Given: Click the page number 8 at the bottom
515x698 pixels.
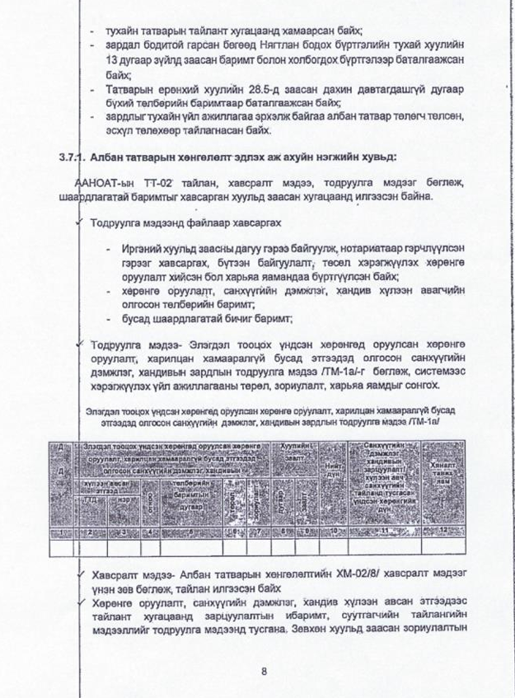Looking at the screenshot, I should point(264,671).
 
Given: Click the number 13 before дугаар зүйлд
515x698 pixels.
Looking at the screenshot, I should point(113,61).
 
